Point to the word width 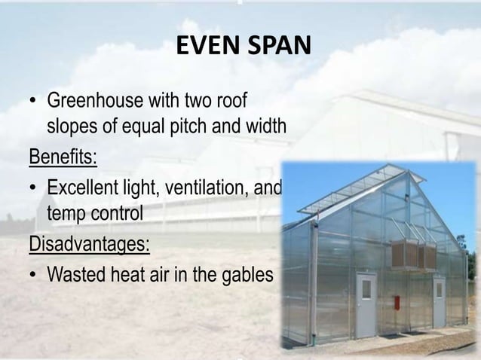coord(264,126)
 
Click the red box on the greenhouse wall coord(397,302)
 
